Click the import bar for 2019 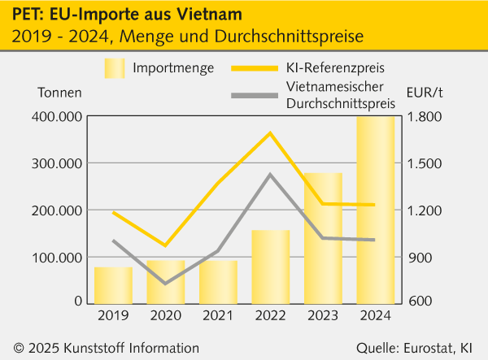tap(113, 284)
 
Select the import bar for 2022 tap(271, 266)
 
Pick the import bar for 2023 tap(324, 236)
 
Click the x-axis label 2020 tap(165, 315)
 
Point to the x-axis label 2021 tap(218, 315)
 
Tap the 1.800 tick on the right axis tap(423, 117)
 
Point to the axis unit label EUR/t tap(425, 91)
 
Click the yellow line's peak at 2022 tap(271, 132)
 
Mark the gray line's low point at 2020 tap(165, 284)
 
